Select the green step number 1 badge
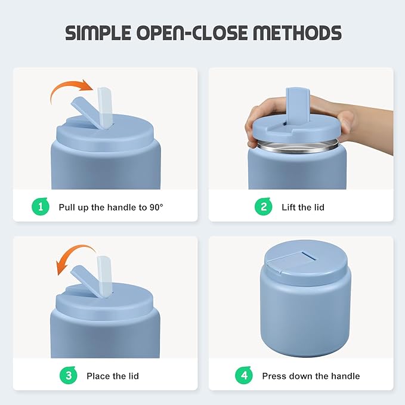41,206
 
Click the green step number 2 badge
263,206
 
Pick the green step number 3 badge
68,375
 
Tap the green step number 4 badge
244,375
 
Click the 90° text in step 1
156,207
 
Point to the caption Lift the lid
303,207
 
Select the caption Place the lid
113,376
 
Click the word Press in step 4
274,376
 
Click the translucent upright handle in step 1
105,108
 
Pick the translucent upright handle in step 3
104,276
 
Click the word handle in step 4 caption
345,376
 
